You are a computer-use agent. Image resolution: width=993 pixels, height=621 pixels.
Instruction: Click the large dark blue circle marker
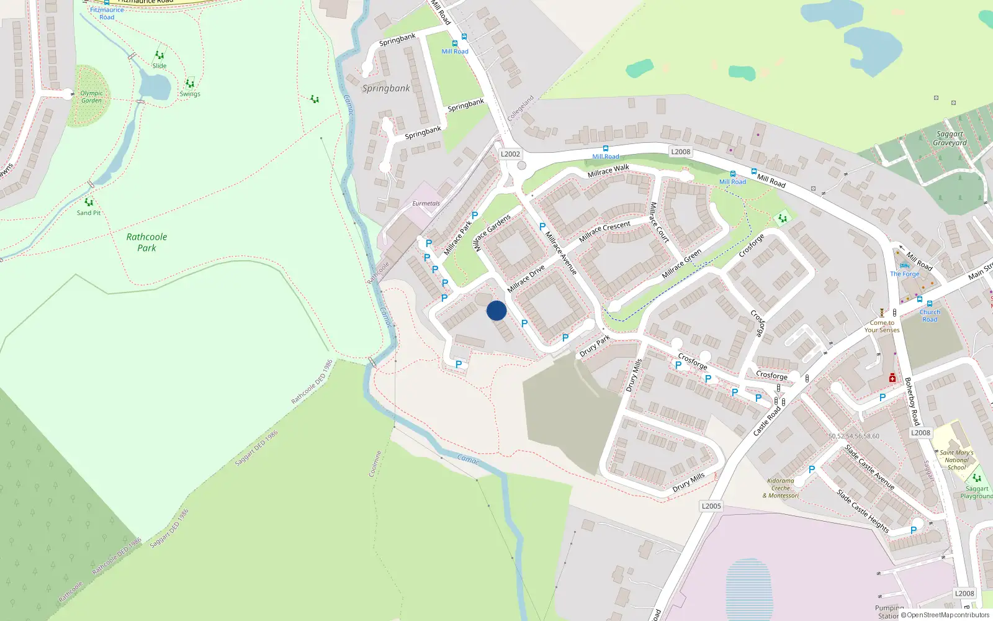[496, 310]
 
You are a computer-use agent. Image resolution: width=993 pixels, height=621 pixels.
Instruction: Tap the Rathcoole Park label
[146, 242]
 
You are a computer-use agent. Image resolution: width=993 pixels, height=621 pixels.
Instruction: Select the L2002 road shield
[510, 154]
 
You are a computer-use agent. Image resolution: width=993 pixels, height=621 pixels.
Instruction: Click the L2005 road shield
[711, 506]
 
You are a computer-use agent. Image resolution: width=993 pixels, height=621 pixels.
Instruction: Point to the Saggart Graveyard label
[950, 138]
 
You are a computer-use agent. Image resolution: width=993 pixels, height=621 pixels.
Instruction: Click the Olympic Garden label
[91, 97]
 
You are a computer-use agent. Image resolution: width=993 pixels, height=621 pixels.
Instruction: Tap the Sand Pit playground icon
[89, 202]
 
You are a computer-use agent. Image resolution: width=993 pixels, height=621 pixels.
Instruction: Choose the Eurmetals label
[426, 204]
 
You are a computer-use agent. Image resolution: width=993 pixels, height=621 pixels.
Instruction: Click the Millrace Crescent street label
[604, 231]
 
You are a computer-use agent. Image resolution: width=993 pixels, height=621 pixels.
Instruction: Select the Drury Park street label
[595, 347]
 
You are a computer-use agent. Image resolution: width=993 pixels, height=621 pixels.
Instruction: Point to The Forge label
[904, 274]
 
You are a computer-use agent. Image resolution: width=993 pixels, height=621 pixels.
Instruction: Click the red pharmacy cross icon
[892, 378]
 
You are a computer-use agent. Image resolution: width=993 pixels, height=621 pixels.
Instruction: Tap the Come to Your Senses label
[882, 327]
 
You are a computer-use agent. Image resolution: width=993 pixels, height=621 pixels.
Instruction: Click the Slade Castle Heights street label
[863, 511]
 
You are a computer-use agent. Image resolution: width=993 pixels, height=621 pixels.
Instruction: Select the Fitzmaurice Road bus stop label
[107, 13]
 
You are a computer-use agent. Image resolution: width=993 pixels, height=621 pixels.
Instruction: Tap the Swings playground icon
[189, 84]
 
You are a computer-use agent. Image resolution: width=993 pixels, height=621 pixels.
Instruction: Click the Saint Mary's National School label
[956, 460]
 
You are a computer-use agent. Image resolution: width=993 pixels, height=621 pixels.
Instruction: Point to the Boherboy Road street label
[911, 401]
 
